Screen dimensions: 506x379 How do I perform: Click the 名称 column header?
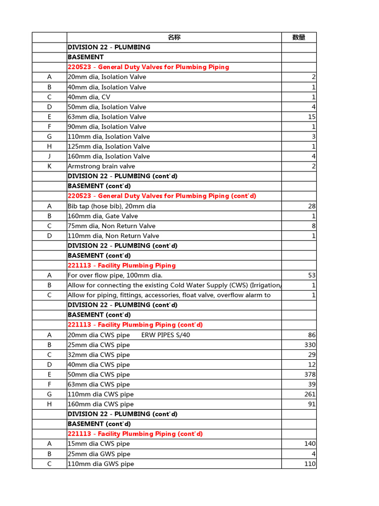[174, 38]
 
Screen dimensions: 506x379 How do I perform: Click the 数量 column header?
[299, 38]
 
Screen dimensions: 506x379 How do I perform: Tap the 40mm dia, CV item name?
[89, 97]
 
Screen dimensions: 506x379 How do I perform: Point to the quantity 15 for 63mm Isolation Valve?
[312, 117]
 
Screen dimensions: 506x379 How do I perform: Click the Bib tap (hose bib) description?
[112, 206]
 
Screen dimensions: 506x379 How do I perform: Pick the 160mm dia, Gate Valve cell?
[103, 216]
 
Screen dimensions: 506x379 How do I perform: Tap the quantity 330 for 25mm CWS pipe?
[310, 345]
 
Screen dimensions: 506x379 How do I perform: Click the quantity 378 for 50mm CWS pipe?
[310, 375]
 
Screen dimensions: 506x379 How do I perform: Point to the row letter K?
[49, 167]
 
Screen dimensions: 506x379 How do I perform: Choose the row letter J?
[49, 157]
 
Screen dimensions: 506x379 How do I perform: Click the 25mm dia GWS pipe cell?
[99, 454]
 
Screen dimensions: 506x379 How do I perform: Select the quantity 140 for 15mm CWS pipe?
[310, 444]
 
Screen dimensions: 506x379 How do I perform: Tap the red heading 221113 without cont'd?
[121, 265]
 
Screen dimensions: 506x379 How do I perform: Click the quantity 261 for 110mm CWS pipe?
[310, 394]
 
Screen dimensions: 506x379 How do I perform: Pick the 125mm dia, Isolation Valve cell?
[109, 147]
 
